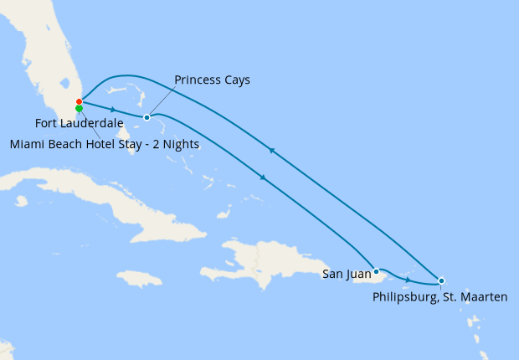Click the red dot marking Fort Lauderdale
[x=79, y=102]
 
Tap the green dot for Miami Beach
[x=79, y=109]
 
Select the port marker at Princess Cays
[x=146, y=117]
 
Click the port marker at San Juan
[x=377, y=271]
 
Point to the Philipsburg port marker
[x=441, y=280]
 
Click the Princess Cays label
[x=212, y=80]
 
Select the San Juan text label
[x=347, y=273]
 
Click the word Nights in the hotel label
[x=180, y=144]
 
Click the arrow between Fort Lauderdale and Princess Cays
[x=113, y=110]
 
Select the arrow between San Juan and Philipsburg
[x=408, y=279]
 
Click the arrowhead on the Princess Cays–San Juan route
[x=264, y=177]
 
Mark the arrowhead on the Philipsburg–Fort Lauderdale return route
[x=270, y=151]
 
